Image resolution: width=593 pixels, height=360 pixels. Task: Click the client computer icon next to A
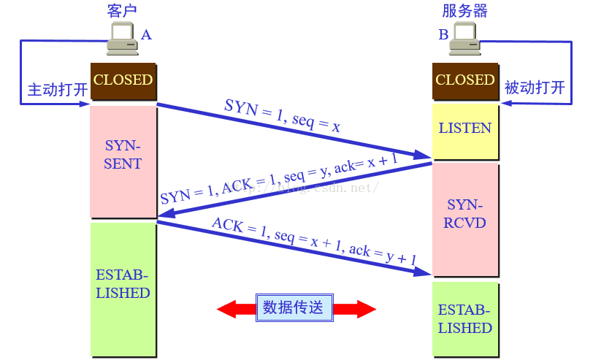coord(121,39)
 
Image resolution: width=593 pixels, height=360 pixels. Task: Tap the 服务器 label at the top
coord(465,10)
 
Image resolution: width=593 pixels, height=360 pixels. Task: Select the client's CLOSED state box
coord(123,80)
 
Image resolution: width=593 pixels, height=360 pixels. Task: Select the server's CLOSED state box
coord(465,80)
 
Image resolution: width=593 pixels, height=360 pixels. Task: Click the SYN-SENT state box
coord(123,161)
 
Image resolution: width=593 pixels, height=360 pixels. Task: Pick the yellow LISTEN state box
coord(465,130)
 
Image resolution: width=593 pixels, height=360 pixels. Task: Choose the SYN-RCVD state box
coord(465,218)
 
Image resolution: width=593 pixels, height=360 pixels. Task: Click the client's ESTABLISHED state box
coord(123,288)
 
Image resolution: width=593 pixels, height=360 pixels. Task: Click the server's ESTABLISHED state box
coord(465,319)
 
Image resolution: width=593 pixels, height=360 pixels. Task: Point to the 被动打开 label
coord(535,88)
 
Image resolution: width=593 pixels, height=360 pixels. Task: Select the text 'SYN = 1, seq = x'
coord(282,116)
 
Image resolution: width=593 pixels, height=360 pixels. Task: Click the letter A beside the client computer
coord(146,34)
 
